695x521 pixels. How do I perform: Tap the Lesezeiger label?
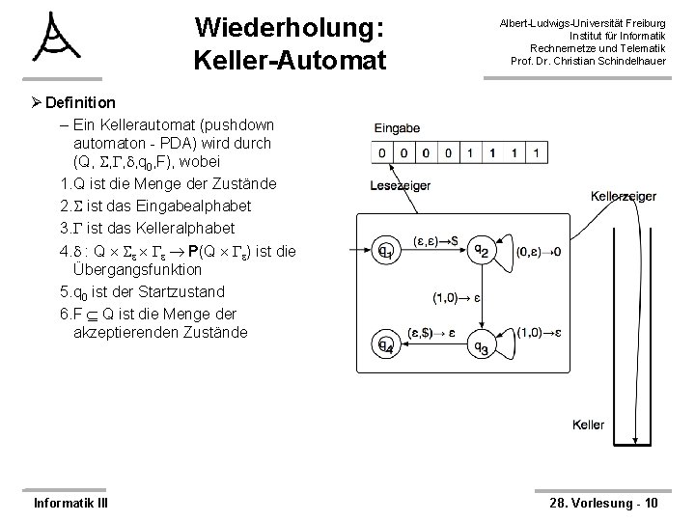tap(398, 186)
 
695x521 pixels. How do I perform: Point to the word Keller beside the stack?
tap(588, 425)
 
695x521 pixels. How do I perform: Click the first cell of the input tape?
tap(383, 153)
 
